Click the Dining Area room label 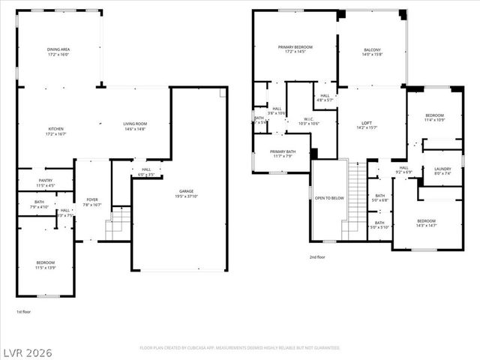[58, 49]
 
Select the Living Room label [135, 124]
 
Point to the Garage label [186, 191]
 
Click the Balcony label [373, 49]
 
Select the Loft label [367, 123]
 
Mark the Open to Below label [330, 199]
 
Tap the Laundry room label [442, 169]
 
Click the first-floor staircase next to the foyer [118, 223]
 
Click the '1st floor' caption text [24, 310]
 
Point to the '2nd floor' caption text [316, 256]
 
